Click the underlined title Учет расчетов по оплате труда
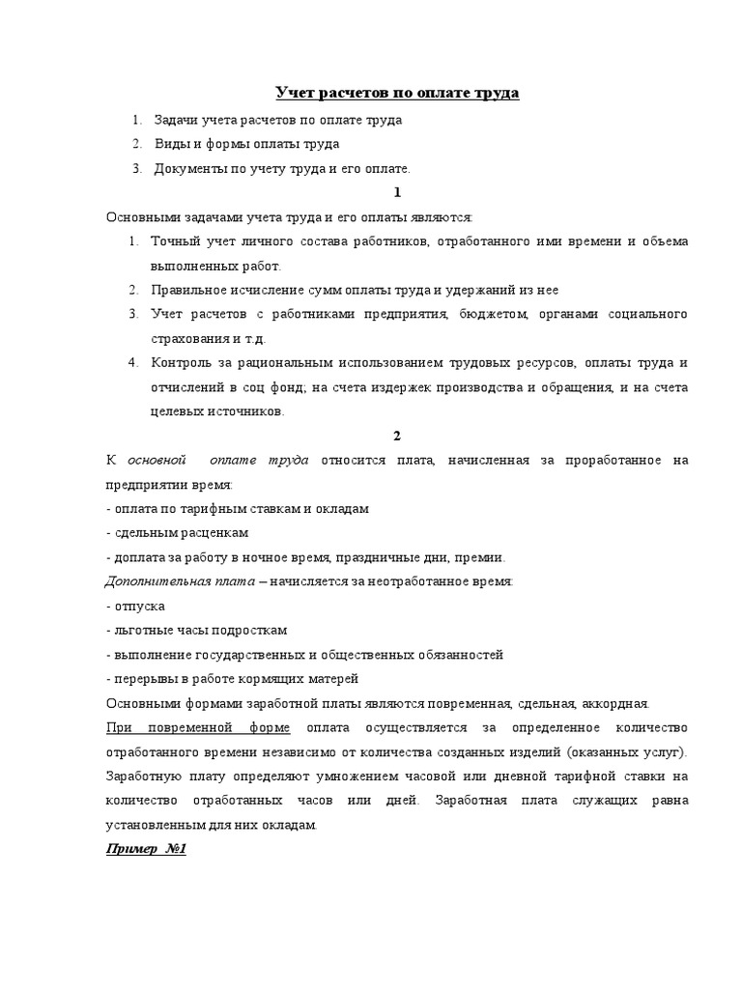397,93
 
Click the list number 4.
133,364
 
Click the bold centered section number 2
397,437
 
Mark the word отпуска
138,606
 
